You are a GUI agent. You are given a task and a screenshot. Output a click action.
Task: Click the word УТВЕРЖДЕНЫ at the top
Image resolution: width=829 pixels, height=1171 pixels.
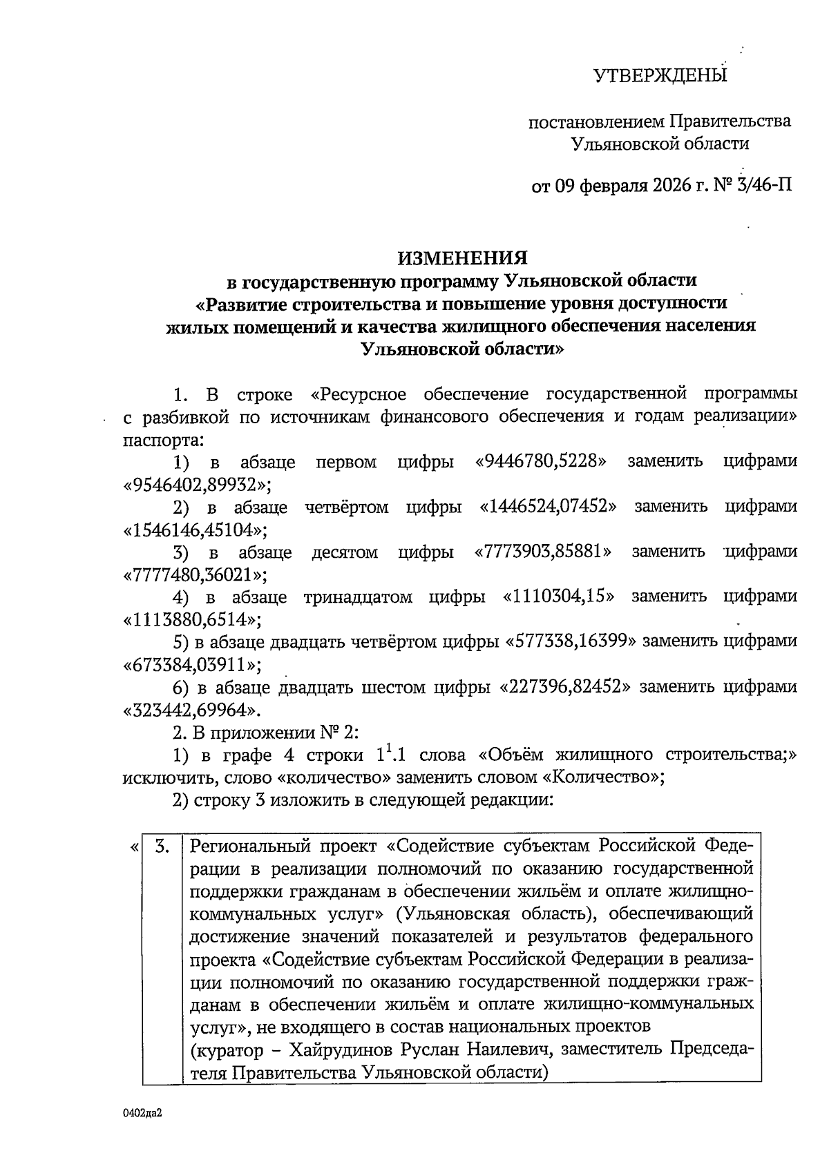click(x=661, y=75)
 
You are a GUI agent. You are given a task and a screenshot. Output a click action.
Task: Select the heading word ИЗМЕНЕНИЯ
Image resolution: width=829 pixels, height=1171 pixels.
click(x=462, y=258)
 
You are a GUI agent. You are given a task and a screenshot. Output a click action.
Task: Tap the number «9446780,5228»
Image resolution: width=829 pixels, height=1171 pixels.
click(x=542, y=461)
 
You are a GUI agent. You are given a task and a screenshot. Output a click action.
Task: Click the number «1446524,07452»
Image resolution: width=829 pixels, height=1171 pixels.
click(x=548, y=507)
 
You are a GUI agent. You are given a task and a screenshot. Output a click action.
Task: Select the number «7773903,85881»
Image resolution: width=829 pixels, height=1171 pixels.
click(x=544, y=552)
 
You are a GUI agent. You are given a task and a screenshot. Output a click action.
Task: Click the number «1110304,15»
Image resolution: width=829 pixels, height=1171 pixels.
click(x=559, y=597)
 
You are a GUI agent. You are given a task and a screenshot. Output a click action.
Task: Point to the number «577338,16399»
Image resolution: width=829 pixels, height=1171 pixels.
click(x=571, y=641)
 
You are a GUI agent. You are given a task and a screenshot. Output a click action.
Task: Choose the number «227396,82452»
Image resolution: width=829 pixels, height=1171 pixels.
click(x=565, y=687)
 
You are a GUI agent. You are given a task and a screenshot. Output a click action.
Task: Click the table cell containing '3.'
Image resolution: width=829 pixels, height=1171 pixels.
click(x=162, y=847)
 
